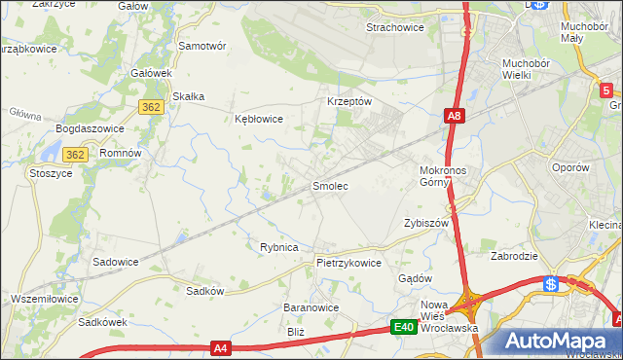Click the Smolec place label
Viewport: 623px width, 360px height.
point(329,185)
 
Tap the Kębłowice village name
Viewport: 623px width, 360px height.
point(259,120)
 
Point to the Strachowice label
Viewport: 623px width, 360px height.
point(394,28)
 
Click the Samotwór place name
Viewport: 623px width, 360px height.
point(202,46)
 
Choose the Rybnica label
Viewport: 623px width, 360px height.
point(278,247)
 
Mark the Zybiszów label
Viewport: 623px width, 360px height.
point(425,223)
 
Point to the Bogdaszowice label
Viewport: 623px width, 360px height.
point(87,128)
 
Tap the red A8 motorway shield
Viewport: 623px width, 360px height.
point(455,117)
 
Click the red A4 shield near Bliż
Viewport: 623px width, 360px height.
point(223,347)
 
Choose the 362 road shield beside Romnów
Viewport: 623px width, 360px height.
point(77,155)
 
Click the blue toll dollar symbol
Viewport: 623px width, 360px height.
point(551,284)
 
